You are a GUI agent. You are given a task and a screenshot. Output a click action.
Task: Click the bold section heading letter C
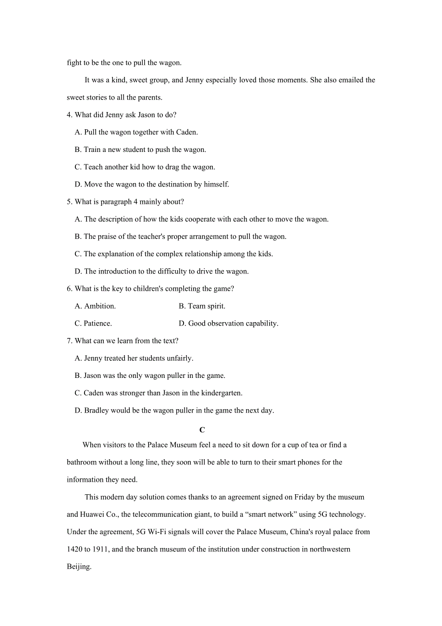coord(202,430)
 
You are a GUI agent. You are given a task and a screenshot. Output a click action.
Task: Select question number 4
coord(69,115)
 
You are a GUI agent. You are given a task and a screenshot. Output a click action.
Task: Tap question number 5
coord(69,202)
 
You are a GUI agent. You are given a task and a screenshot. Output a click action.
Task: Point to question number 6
coord(69,288)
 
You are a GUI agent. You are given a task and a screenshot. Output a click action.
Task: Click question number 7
coord(69,341)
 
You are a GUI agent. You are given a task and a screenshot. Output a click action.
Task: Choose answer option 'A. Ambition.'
coord(95,306)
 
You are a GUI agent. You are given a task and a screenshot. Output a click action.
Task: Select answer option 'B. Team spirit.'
coord(202,306)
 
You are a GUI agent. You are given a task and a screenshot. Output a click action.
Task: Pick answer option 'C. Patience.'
coord(93,324)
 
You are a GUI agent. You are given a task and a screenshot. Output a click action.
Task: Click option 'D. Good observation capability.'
coord(228,324)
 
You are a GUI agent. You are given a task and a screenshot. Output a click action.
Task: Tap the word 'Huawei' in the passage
coord(92,514)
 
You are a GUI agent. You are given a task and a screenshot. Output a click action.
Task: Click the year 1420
coord(74,549)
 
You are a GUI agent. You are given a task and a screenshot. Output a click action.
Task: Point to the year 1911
coord(99,549)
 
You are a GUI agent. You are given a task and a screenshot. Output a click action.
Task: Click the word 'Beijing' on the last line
coord(78,566)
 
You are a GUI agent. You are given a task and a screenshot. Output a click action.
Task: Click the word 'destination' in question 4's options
coord(165,185)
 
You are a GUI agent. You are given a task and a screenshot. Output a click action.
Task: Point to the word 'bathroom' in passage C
coord(82,463)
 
